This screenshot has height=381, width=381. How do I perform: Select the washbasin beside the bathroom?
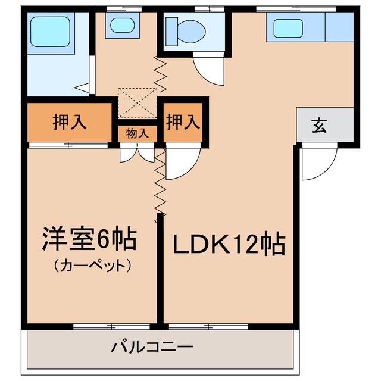122,26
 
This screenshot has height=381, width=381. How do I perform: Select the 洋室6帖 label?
89,239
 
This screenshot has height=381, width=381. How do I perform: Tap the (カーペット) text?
92,265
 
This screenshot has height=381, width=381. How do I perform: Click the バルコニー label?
152,346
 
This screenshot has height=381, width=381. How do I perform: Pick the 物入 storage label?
137,133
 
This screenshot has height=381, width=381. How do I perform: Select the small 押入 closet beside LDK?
182,122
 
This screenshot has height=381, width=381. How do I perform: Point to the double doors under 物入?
138,153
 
